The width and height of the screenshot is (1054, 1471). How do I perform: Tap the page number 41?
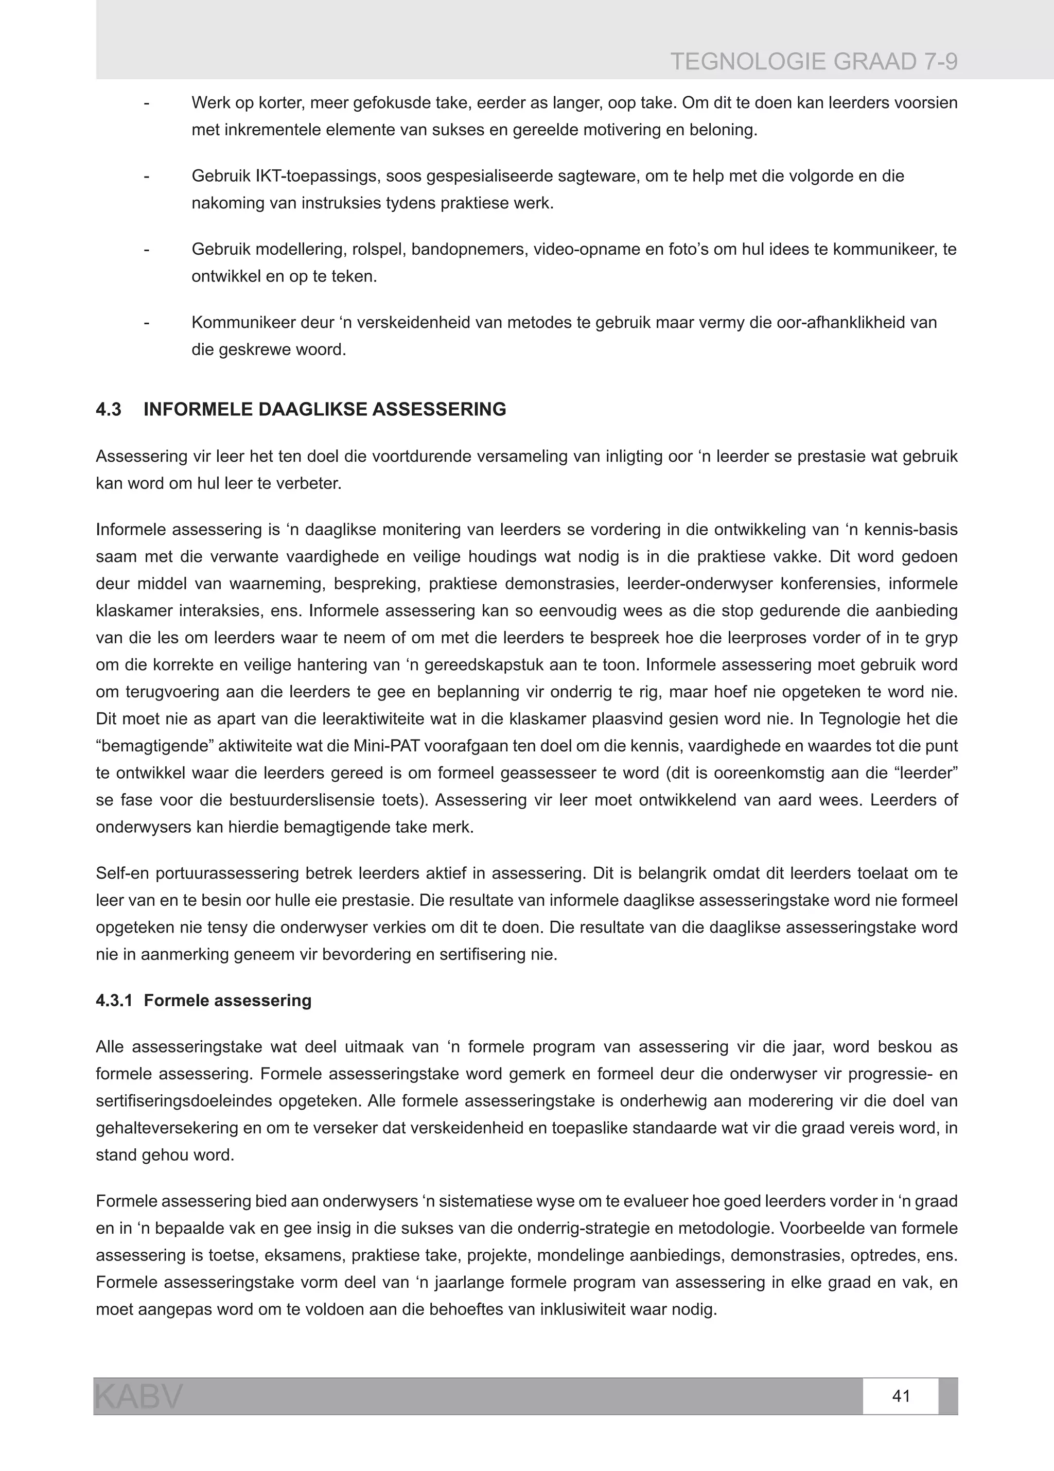(x=901, y=1396)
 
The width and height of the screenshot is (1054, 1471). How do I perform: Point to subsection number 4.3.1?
(x=114, y=1000)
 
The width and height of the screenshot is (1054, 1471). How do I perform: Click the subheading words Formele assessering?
(x=227, y=1000)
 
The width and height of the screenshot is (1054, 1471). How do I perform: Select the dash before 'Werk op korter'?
(x=147, y=103)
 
